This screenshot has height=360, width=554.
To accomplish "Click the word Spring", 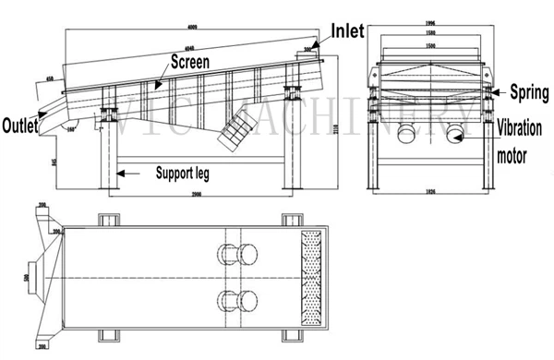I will point(520,92).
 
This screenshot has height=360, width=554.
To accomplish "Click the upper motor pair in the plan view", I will point(236,254).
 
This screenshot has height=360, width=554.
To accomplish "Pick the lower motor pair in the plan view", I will point(236,299).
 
